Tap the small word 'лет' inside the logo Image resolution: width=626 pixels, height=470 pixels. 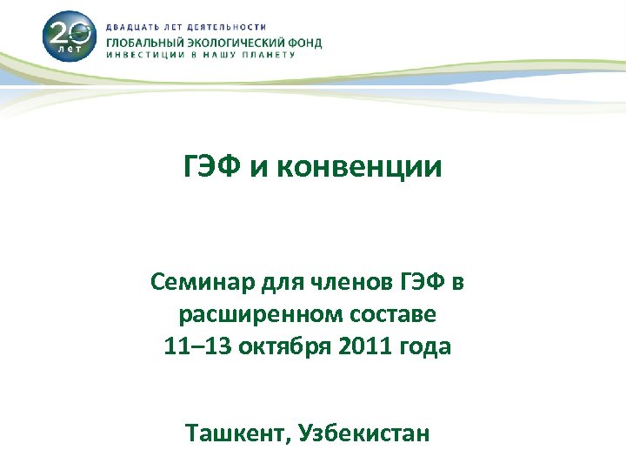pyautogui.click(x=67, y=50)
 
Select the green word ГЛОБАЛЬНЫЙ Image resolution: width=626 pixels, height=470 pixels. pyautogui.click(x=143, y=42)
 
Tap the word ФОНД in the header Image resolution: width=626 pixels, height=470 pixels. pyautogui.click(x=305, y=42)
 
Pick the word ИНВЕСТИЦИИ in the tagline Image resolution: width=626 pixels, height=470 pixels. pyautogui.click(x=145, y=55)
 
